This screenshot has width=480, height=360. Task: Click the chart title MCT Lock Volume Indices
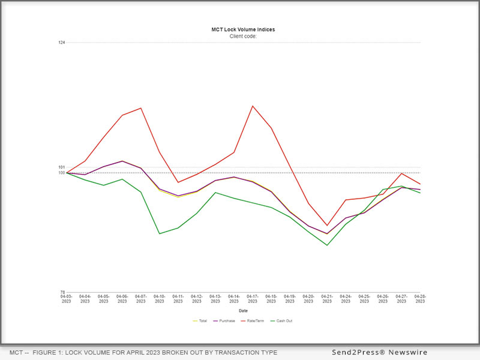(x=243, y=29)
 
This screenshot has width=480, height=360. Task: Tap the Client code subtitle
(x=243, y=36)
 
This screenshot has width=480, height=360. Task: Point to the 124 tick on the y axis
(x=62, y=42)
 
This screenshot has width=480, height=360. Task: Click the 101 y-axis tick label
(x=62, y=167)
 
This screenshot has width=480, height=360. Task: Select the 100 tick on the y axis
(x=62, y=173)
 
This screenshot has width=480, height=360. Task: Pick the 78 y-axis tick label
(x=62, y=292)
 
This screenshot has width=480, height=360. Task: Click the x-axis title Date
(x=243, y=311)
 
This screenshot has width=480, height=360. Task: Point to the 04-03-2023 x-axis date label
(x=67, y=299)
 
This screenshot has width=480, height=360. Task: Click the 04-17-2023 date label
(x=253, y=299)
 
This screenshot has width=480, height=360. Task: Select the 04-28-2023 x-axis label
(x=420, y=299)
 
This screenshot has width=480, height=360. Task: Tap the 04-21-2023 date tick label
(x=327, y=299)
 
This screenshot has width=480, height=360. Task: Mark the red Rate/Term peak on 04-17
(x=253, y=106)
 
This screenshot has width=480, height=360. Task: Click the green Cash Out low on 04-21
(x=327, y=245)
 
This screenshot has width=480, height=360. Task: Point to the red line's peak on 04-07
(x=141, y=108)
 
